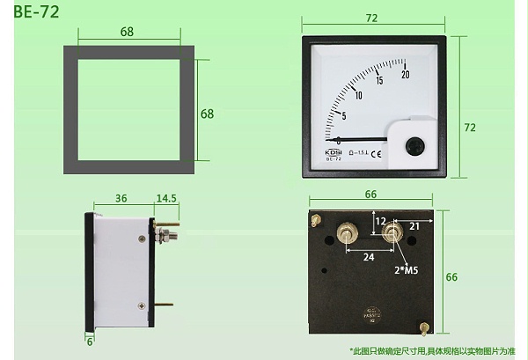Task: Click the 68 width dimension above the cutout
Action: [128, 33]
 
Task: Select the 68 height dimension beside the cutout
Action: [208, 114]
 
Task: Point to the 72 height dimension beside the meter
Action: [470, 128]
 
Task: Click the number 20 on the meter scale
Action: [405, 75]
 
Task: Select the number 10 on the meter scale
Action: [358, 95]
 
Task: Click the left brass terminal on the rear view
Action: [345, 234]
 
